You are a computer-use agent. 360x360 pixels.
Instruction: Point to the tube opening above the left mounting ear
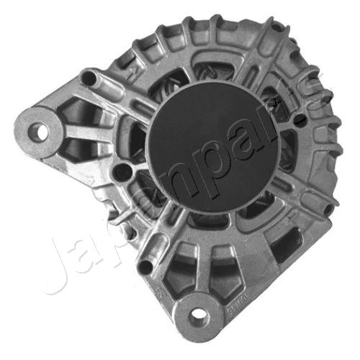(x=89, y=76)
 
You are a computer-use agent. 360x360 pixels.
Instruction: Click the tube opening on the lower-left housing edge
(x=146, y=268)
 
